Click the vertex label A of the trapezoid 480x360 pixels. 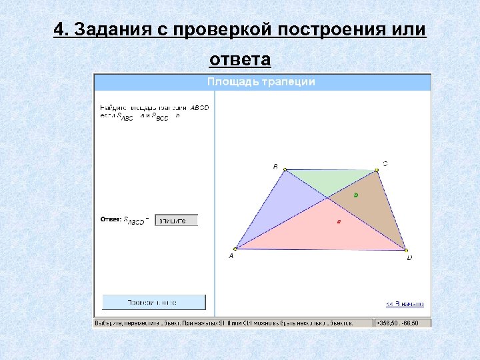[x=231, y=255]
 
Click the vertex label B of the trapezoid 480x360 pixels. [x=275, y=166]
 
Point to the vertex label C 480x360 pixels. [x=385, y=163]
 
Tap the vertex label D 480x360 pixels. [x=409, y=257]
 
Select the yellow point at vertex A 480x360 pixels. [x=236, y=249]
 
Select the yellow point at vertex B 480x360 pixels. [x=285, y=171]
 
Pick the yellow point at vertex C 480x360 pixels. [x=377, y=171]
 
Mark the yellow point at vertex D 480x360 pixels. [x=406, y=250]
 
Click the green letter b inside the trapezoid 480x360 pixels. [x=355, y=195]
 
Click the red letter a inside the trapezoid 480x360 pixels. [x=339, y=221]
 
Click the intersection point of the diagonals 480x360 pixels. [x=327, y=197]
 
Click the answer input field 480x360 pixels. [x=176, y=220]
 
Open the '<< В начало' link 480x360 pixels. [x=405, y=304]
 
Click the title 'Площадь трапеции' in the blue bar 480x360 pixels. [x=261, y=82]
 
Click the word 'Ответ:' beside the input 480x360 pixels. [x=111, y=219]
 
